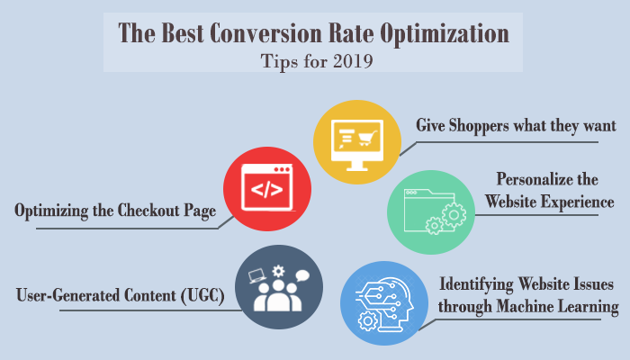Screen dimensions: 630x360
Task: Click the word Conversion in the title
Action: (265, 33)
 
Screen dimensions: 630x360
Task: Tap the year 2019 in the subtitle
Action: (353, 61)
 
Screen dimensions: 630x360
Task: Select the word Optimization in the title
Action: (445, 34)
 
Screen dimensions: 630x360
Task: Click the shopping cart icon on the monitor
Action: (367, 138)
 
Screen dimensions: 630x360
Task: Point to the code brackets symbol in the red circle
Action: (266, 189)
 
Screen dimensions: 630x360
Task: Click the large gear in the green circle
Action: (454, 215)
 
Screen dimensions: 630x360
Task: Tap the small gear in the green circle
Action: (434, 225)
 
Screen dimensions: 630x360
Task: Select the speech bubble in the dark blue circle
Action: (302, 276)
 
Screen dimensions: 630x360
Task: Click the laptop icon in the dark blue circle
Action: (257, 275)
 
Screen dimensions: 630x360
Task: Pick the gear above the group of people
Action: (278, 272)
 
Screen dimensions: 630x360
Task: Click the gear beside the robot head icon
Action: (367, 321)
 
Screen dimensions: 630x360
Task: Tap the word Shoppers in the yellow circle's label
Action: (479, 126)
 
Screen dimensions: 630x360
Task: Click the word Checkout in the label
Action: (148, 210)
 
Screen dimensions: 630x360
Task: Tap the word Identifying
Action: (476, 284)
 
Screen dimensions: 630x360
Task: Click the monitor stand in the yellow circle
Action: (356, 166)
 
